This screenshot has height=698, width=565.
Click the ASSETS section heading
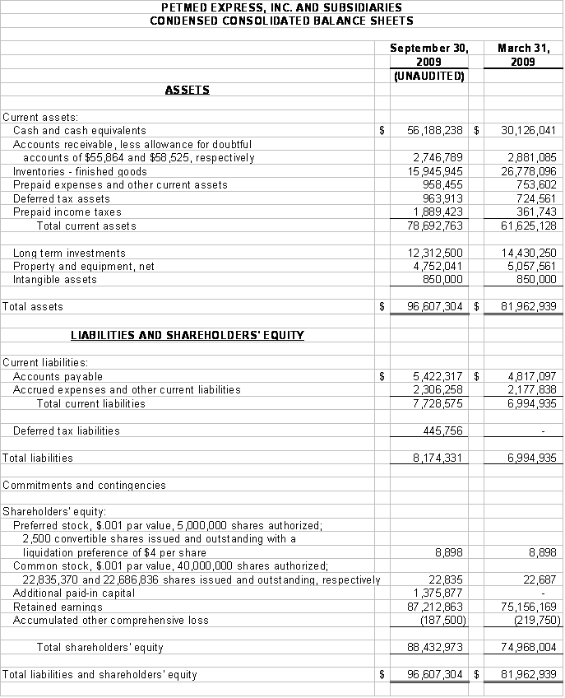(188, 90)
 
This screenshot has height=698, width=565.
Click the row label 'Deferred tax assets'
(62, 198)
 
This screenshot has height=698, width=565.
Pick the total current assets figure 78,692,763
(435, 226)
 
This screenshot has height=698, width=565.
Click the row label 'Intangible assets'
(55, 279)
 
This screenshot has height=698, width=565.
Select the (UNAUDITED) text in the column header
(429, 76)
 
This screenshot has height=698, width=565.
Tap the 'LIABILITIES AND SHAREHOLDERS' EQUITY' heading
(188, 335)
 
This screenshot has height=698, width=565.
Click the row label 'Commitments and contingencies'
(85, 485)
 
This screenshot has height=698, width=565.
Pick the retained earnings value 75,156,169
(529, 607)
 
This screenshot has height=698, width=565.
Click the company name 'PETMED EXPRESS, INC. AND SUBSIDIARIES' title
(282, 7)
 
